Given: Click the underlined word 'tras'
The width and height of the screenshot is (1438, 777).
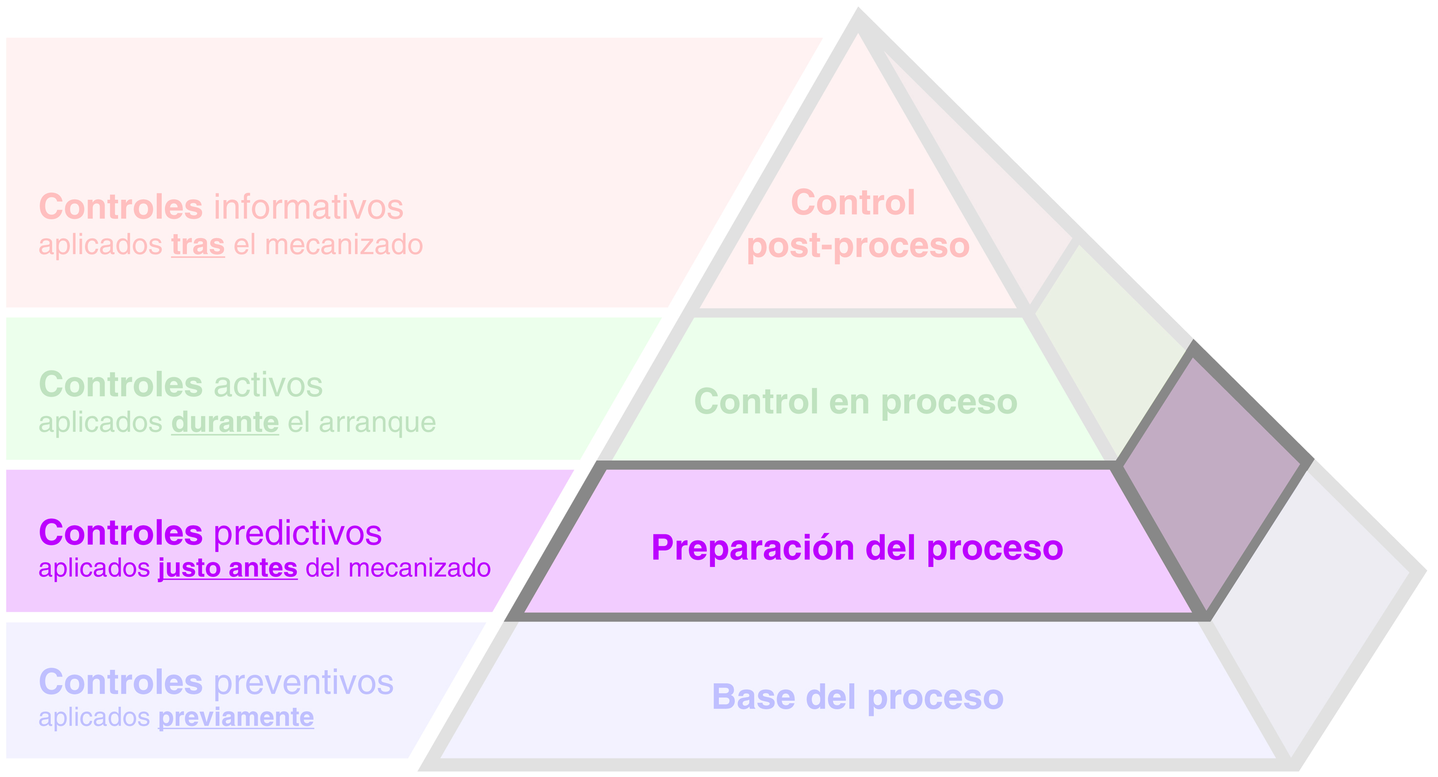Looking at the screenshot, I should pyautogui.click(x=198, y=245).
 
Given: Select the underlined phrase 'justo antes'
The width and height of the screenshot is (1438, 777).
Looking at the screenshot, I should pyautogui.click(x=228, y=568).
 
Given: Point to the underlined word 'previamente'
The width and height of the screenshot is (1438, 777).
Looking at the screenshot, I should pyautogui.click(x=235, y=717).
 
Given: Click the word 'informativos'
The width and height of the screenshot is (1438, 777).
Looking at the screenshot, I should pyautogui.click(x=308, y=207).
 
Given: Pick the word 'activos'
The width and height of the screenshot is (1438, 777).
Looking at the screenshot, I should pyautogui.click(x=268, y=385).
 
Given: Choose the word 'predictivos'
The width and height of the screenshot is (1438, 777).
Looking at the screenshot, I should pyautogui.click(x=297, y=533).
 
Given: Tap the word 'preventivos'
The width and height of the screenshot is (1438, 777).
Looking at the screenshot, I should pyautogui.click(x=303, y=682).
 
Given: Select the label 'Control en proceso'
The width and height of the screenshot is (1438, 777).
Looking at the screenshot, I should pyautogui.click(x=855, y=402).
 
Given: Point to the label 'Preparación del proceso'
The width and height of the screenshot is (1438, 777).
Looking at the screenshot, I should pyautogui.click(x=857, y=548).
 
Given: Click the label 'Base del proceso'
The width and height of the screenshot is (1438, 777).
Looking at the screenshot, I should pyautogui.click(x=857, y=697).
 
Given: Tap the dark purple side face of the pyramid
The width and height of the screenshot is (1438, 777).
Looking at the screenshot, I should pyautogui.click(x=1211, y=480).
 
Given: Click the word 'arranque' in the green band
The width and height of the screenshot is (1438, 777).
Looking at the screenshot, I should pyautogui.click(x=378, y=422).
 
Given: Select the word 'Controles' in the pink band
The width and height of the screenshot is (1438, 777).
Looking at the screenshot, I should pyautogui.click(x=121, y=207).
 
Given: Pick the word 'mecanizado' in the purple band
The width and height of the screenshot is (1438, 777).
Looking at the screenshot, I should pyautogui.click(x=419, y=568).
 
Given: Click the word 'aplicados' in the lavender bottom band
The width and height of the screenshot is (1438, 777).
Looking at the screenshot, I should pyautogui.click(x=94, y=717).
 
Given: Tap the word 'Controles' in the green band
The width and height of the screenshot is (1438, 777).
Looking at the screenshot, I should pyautogui.click(x=121, y=385).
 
